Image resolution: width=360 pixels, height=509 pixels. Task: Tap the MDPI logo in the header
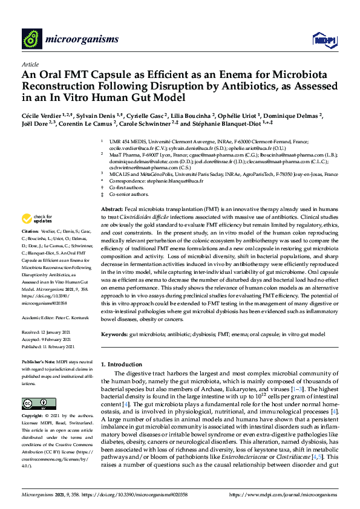pos(322,40)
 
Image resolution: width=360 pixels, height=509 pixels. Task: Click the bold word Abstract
pos(111,208)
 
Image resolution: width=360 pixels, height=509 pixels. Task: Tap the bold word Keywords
pos(115,334)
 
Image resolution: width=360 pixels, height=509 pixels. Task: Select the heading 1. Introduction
pos(123,365)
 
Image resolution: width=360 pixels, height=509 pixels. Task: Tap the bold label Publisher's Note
pos(38,361)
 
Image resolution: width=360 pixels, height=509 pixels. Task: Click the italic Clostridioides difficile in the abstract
pos(145,216)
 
